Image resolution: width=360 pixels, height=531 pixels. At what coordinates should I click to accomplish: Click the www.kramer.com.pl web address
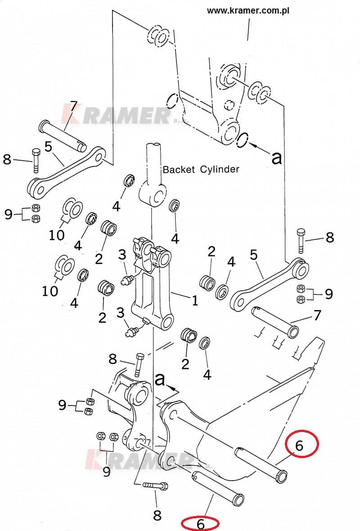pyautogui.click(x=248, y=10)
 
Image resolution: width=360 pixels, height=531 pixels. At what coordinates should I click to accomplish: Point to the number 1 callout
pyautogui.click(x=195, y=301)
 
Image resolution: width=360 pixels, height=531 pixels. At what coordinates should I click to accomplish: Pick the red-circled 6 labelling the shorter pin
pyautogui.click(x=201, y=523)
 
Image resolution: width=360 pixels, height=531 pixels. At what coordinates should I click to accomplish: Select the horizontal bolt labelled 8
pyautogui.click(x=155, y=486)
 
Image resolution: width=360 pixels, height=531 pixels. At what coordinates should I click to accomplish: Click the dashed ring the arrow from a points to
pyautogui.click(x=242, y=140)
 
